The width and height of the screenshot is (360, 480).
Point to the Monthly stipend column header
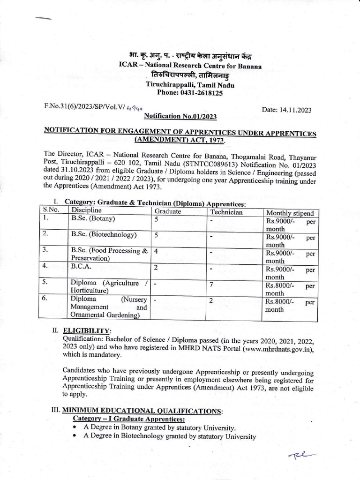point(289,212)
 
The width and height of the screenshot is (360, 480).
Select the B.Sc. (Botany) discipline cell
point(93,218)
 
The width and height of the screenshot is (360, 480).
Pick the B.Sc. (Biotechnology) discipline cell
point(104,235)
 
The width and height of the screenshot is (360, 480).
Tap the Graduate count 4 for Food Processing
point(156,251)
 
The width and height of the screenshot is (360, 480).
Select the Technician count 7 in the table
point(212,284)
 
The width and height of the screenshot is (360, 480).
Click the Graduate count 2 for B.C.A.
point(156,267)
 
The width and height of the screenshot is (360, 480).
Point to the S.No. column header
point(51,210)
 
